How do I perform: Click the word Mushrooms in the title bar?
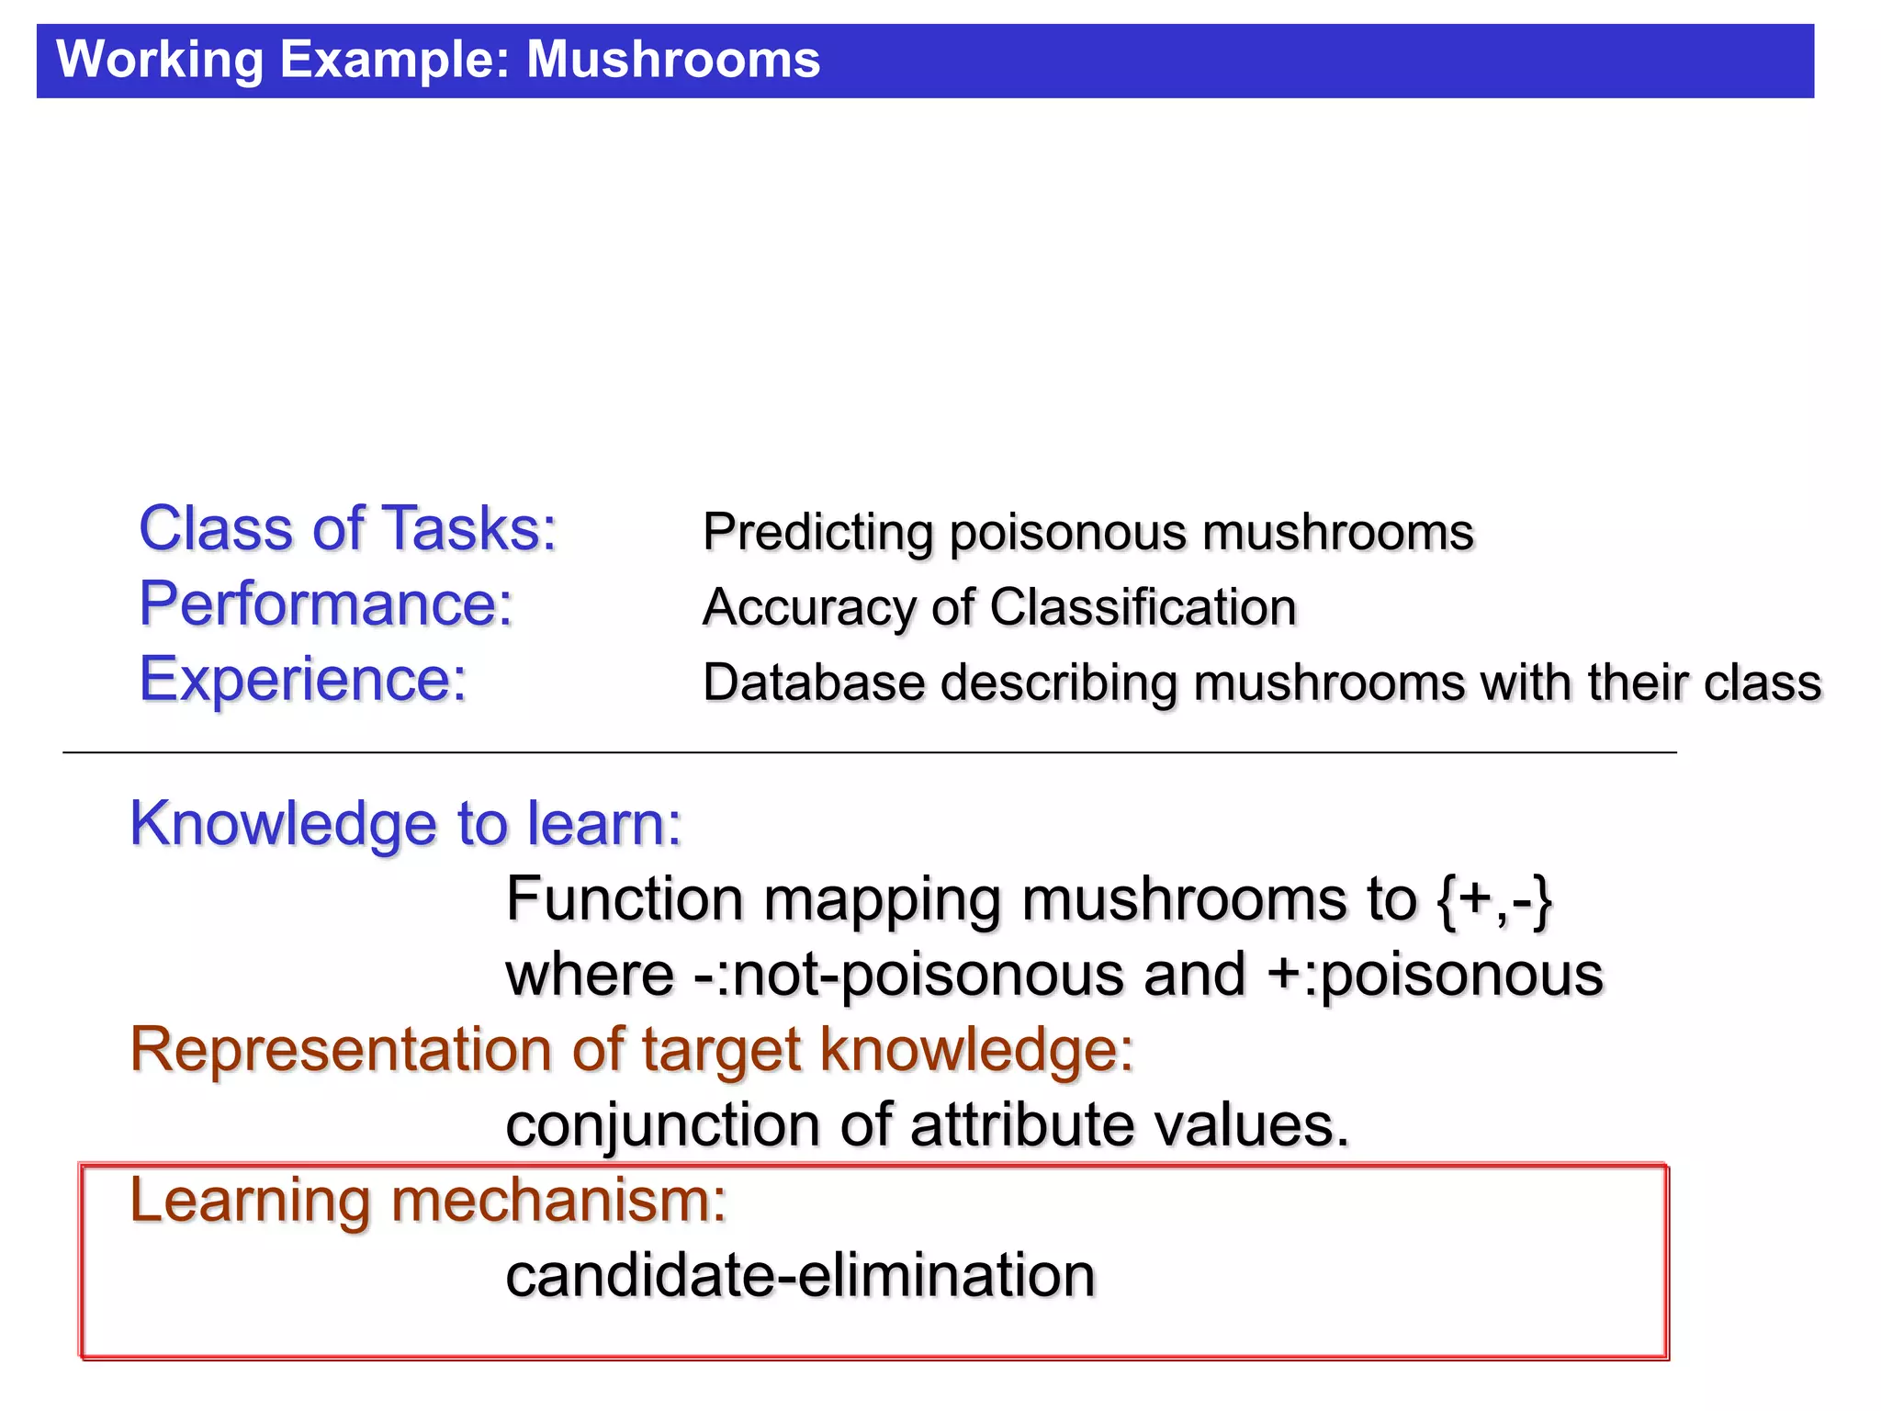tap(673, 60)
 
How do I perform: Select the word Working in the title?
tap(160, 60)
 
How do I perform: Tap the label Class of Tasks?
tap(348, 529)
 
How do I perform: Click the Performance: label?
tap(326, 604)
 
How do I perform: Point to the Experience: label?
tap(303, 680)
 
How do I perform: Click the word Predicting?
tap(817, 533)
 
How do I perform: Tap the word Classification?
tap(1143, 608)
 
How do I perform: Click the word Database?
tap(814, 683)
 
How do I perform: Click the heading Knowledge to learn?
tap(406, 824)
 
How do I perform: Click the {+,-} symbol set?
tap(1495, 900)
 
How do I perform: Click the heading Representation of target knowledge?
tap(632, 1050)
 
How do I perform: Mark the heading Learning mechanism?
tap(428, 1201)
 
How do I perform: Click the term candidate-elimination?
tap(801, 1276)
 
